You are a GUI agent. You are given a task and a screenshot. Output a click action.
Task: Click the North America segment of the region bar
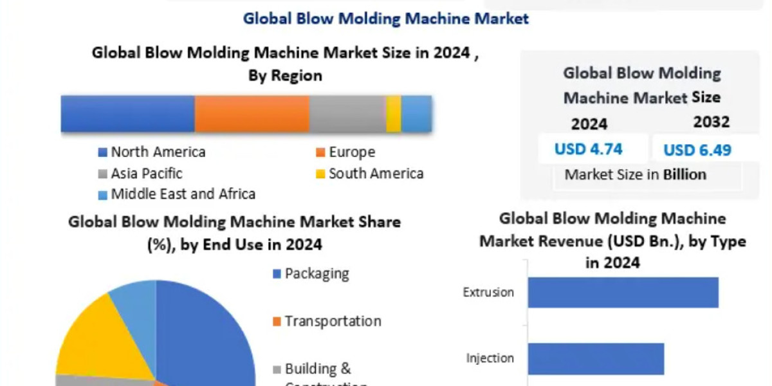point(127,114)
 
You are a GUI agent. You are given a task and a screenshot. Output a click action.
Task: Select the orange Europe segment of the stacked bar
point(252,114)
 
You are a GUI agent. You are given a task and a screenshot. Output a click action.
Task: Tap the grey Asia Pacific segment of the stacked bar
point(347,114)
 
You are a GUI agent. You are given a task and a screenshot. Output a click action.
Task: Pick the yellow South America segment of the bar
point(394,114)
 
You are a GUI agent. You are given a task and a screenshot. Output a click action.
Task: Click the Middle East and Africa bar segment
point(416,114)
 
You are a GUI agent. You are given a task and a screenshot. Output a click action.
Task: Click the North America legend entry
point(152,152)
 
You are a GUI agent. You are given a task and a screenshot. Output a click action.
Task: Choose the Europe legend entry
point(345,152)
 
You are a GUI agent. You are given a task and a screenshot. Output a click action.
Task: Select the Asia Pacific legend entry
point(140,174)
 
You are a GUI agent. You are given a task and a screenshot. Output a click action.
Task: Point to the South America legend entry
point(369,174)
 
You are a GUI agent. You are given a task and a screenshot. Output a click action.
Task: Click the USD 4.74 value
point(588,149)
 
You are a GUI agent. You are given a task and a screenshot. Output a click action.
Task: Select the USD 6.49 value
point(697,151)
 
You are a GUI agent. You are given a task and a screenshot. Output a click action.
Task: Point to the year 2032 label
point(712,122)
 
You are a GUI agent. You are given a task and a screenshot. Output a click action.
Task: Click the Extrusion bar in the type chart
point(623,292)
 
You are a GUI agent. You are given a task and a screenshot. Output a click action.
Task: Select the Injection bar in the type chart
point(596,358)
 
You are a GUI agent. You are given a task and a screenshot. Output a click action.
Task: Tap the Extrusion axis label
point(488,293)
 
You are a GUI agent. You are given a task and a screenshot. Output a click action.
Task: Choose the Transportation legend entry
point(327,321)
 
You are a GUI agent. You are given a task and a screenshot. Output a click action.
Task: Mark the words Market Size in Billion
point(635,174)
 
